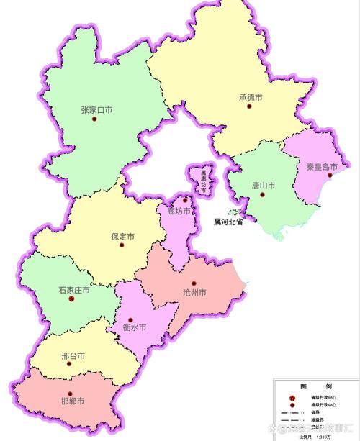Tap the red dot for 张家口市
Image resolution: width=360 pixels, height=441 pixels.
[94, 119]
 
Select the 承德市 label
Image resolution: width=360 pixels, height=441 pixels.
[251, 97]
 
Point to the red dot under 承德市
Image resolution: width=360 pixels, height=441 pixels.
[249, 106]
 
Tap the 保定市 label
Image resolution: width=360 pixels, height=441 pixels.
[123, 236]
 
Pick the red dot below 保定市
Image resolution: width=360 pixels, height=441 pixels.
[122, 246]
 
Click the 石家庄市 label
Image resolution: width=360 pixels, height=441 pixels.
[74, 290]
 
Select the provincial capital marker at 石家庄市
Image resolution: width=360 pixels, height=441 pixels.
[71, 299]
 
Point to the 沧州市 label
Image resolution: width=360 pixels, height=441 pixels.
[191, 293]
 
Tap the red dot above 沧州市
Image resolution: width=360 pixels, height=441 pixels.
[194, 283]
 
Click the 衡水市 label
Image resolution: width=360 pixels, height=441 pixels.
[135, 327]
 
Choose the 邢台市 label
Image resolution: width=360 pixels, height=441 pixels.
[73, 356]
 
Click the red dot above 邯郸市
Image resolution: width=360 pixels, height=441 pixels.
[70, 393]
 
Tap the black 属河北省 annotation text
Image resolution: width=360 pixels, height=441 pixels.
[228, 222]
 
